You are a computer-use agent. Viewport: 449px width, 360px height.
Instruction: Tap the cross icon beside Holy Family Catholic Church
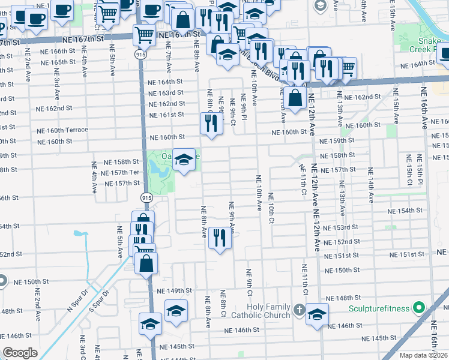pyautogui.click(x=300, y=310)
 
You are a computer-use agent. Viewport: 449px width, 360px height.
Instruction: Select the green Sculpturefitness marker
pyautogui.click(x=420, y=309)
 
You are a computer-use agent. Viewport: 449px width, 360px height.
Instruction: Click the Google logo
pyautogui.click(x=20, y=353)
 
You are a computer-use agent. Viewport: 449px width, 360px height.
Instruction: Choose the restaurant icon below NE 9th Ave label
pyautogui.click(x=220, y=238)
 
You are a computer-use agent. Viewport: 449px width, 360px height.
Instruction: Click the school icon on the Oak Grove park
pyautogui.click(x=184, y=159)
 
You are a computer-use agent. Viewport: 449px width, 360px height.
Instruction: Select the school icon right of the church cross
pyautogui.click(x=317, y=314)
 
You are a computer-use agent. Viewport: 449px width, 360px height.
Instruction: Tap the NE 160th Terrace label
pyautogui.click(x=62, y=130)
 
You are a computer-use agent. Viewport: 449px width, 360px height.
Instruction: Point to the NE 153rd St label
pyautogui.click(x=340, y=227)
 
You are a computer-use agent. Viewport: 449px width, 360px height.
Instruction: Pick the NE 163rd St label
pyautogui.click(x=166, y=92)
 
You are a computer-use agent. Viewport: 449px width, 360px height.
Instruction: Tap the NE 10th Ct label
pyautogui.click(x=271, y=208)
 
